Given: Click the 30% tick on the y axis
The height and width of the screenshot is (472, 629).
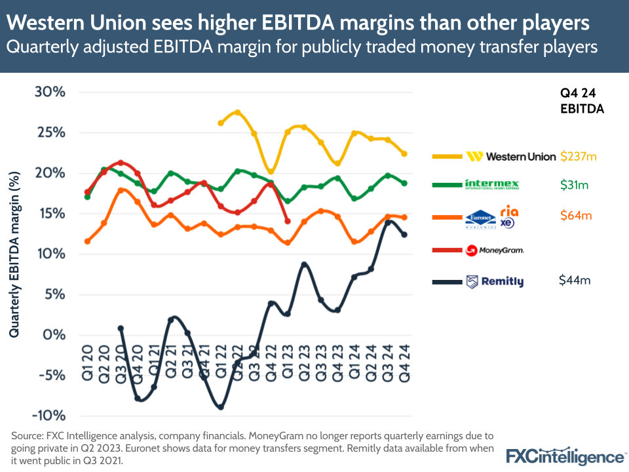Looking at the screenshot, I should point(50,92).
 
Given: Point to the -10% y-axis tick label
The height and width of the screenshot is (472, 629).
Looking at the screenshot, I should point(48,416).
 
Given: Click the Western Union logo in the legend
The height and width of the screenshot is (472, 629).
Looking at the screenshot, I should point(511,157).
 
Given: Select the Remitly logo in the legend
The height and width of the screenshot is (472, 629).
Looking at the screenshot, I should point(494,282).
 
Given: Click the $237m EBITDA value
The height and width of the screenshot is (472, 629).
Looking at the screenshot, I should point(580,157).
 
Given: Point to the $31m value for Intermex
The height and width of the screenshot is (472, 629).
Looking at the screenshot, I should point(574,186).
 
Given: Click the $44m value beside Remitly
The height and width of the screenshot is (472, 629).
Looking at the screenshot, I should point(575,280).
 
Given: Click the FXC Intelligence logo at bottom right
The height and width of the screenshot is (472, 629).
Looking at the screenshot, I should point(565,456).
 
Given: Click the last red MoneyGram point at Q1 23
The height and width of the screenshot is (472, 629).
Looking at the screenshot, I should point(288,222).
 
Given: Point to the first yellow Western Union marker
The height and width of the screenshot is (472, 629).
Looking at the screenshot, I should point(221,123).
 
